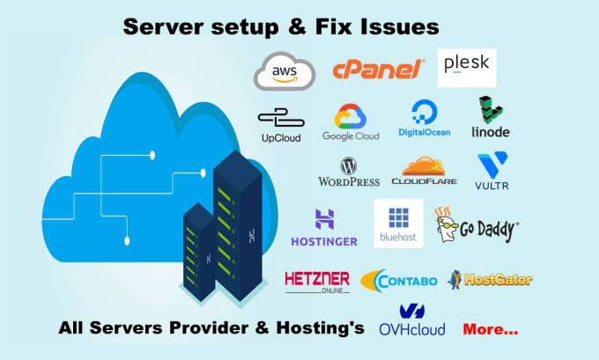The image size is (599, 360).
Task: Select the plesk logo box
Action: [467, 67]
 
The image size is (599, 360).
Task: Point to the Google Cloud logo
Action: [351, 123]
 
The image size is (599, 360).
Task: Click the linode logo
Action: [490, 118]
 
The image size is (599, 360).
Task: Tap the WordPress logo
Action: [348, 172]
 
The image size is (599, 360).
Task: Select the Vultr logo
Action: [492, 173]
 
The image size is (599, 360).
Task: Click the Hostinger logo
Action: [323, 227]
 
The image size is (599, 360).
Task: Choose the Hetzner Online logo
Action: [317, 281]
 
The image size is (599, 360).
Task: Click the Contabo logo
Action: [399, 281]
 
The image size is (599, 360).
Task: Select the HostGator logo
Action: [491, 280]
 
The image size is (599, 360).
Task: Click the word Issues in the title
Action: [393, 27]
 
